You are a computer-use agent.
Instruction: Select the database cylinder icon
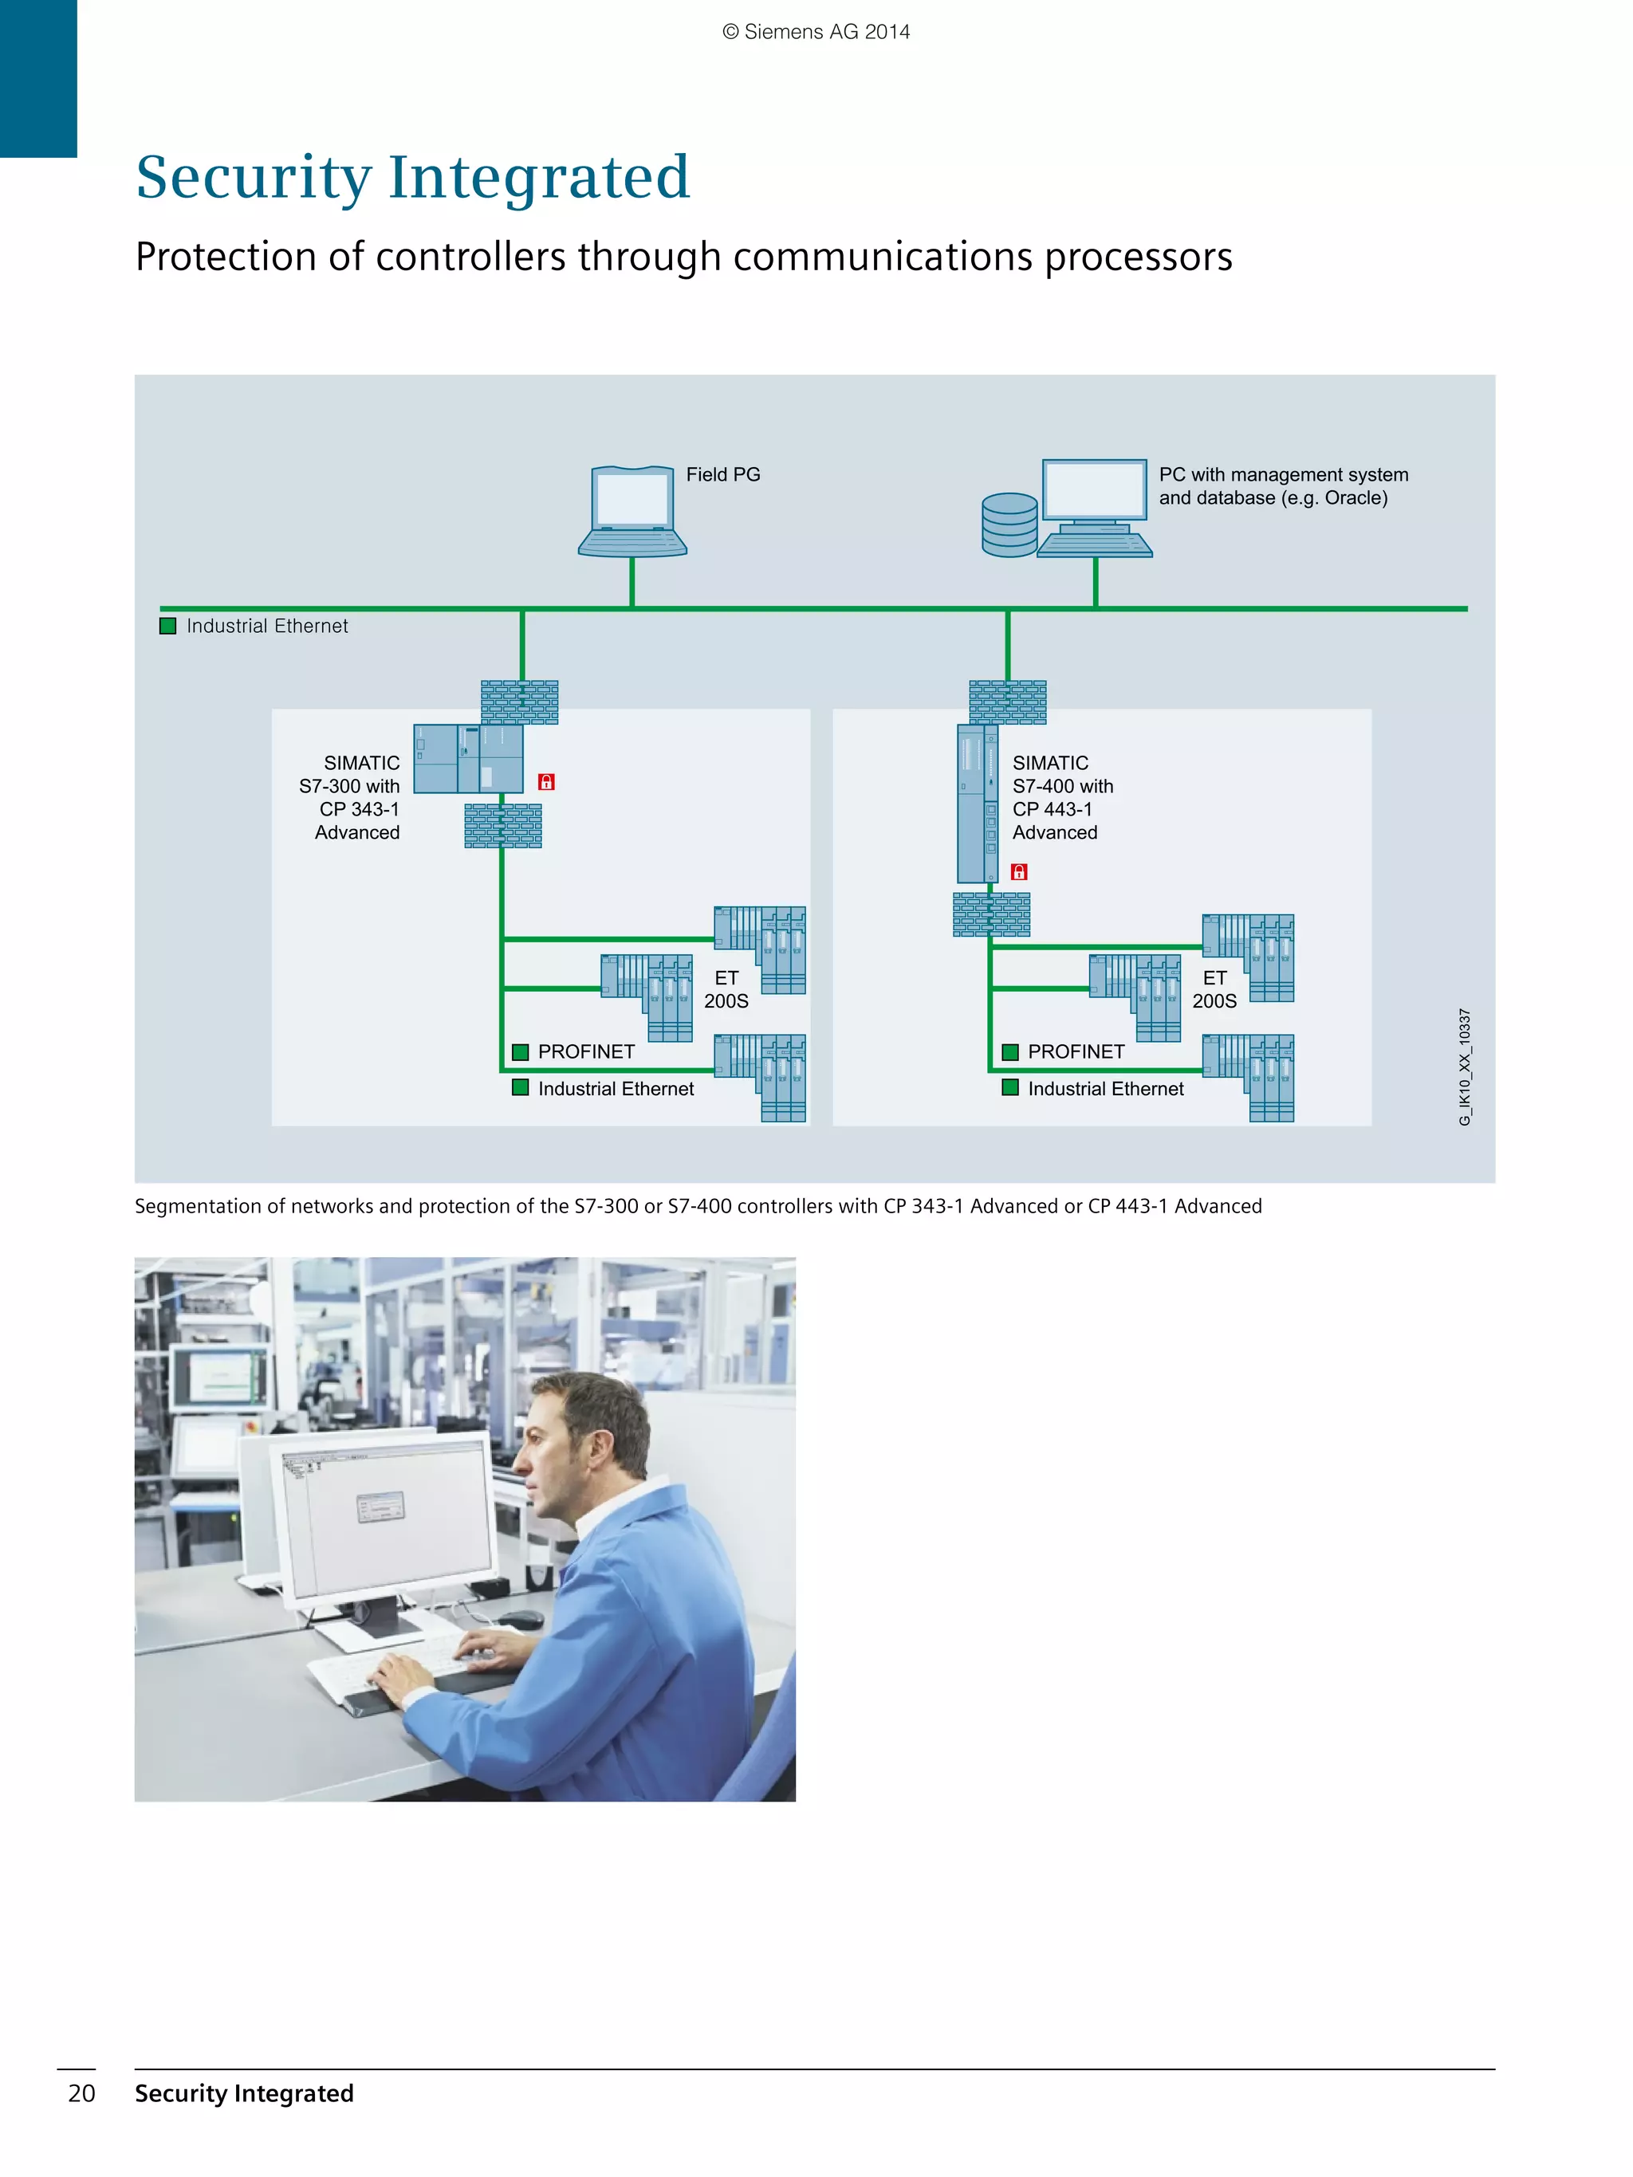pos(1009,525)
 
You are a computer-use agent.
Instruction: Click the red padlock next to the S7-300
pos(546,781)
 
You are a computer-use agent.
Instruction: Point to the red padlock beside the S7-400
pos(1019,872)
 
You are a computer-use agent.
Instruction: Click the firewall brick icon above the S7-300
pos(520,701)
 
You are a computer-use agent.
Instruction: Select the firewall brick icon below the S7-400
pos(991,914)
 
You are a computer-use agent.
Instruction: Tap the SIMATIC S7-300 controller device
pos(467,759)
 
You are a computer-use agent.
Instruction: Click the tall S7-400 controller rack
pos(977,803)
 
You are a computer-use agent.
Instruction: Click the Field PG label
pos(722,474)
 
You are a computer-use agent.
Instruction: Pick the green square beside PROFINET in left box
pos(521,1052)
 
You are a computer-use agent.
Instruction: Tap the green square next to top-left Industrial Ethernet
pos(168,626)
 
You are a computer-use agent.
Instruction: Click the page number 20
pos(81,2093)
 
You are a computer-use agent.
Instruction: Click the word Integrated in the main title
pos(538,177)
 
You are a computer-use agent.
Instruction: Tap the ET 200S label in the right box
pos(1214,989)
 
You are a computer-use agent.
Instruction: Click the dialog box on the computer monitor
pos(380,1507)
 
